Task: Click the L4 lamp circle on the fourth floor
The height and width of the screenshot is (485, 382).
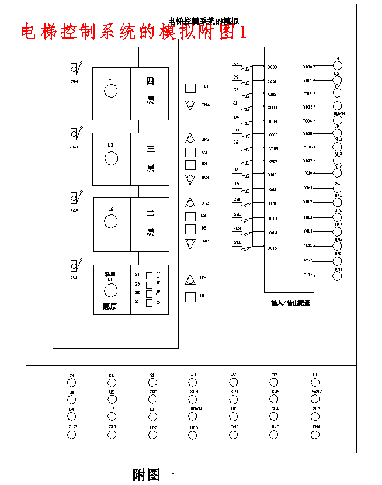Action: point(110,91)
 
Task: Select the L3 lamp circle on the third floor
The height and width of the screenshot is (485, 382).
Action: point(110,158)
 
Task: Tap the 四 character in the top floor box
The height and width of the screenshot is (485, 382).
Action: point(150,82)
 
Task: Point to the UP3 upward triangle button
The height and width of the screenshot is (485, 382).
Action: point(190,139)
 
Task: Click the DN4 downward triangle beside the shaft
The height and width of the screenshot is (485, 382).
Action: point(190,105)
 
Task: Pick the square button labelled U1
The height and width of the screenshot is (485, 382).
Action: point(190,297)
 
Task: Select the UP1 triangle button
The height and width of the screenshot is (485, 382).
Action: point(190,279)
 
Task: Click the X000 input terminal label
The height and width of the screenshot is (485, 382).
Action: point(272,68)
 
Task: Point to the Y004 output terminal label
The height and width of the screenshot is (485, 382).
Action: point(308,121)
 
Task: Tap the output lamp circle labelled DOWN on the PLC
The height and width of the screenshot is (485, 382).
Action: point(337,120)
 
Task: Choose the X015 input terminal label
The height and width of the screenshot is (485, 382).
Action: point(272,248)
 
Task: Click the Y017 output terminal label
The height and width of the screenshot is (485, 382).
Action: point(308,275)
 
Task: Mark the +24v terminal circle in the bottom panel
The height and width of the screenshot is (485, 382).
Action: point(316,400)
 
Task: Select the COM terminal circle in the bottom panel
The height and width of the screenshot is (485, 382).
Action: point(275,400)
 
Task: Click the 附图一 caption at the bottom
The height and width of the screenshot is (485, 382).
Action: point(154,474)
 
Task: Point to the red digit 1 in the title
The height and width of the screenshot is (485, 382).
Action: point(242,32)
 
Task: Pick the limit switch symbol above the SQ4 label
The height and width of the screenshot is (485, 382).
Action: point(74,70)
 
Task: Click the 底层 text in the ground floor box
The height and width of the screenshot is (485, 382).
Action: point(110,306)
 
